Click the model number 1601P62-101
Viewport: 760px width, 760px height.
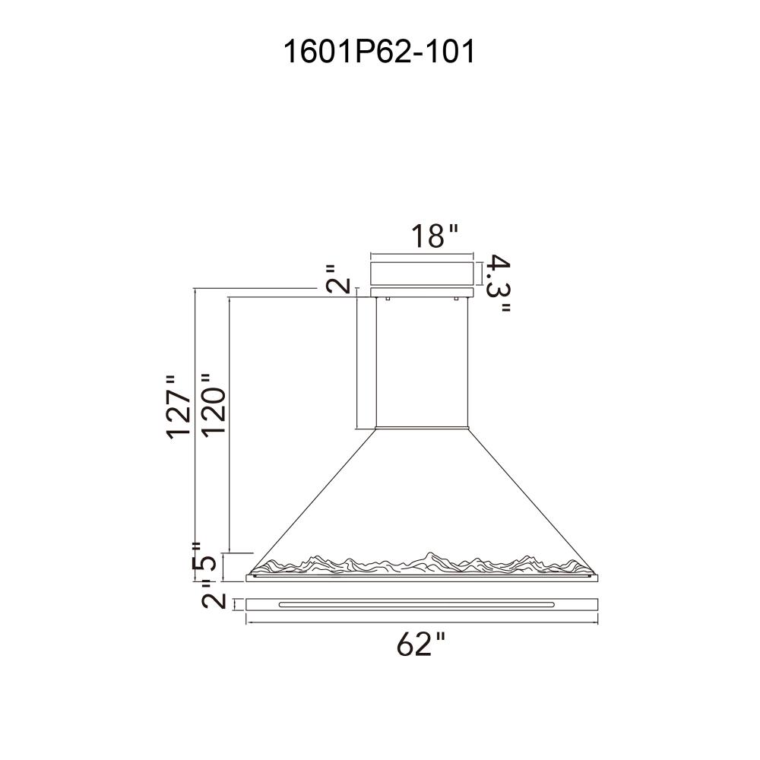pos(379,52)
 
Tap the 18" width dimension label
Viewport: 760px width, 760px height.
pos(434,236)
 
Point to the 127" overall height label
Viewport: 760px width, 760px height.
pos(179,407)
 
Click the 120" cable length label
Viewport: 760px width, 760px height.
pos(214,406)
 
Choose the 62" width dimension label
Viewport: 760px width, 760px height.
pos(420,644)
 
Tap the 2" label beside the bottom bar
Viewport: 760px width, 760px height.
pos(214,600)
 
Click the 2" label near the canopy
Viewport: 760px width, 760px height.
pos(338,279)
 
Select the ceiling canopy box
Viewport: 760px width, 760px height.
pos(422,274)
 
